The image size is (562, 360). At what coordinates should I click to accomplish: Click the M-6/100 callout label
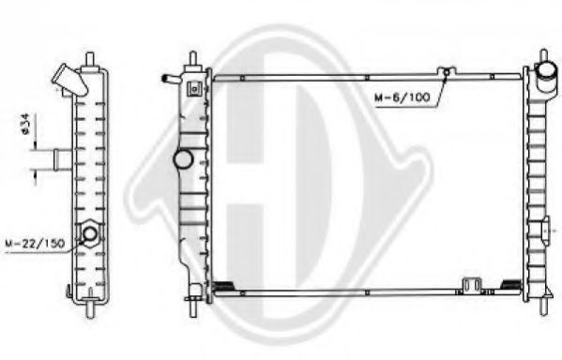click(403, 97)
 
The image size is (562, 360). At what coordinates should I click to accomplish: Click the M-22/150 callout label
click(35, 244)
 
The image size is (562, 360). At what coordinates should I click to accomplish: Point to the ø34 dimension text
click(27, 124)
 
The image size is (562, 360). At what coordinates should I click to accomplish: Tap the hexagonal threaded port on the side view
click(90, 234)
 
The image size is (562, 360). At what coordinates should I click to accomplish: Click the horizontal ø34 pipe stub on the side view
click(63, 159)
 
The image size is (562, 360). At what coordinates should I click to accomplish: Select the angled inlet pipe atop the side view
click(69, 81)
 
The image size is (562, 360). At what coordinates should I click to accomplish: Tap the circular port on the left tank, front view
click(183, 159)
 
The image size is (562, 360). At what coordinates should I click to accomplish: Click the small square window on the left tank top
click(193, 88)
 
